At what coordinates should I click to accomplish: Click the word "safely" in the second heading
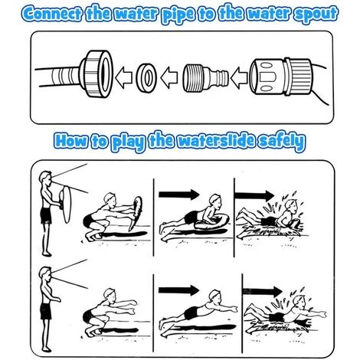coord(281,141)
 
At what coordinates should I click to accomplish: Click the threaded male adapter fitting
coord(205,78)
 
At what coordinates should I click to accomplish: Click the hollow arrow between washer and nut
coord(123,77)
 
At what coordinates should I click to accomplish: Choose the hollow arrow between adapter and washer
coord(169,77)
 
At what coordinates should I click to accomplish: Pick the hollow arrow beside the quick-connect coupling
coord(239,78)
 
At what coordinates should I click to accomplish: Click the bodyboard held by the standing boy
coord(65,205)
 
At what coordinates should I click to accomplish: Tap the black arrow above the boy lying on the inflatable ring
coord(178,195)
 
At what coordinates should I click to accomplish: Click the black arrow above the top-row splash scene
coord(254,195)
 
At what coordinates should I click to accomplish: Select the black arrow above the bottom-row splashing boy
coord(262,291)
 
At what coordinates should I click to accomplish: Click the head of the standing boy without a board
coord(45,273)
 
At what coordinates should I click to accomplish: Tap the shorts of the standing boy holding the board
coord(46,215)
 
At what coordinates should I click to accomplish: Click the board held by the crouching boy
coord(136,213)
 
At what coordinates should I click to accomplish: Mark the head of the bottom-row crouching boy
coord(110,294)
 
